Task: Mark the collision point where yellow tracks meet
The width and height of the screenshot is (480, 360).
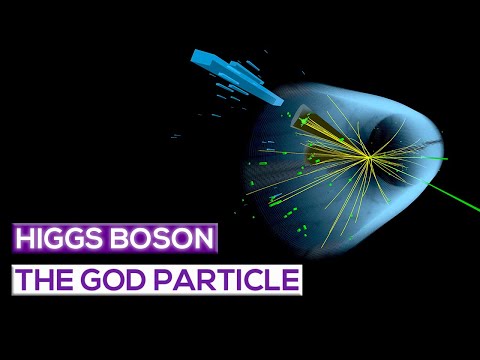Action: point(369,156)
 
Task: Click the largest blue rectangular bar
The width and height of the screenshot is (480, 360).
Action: point(213,63)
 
